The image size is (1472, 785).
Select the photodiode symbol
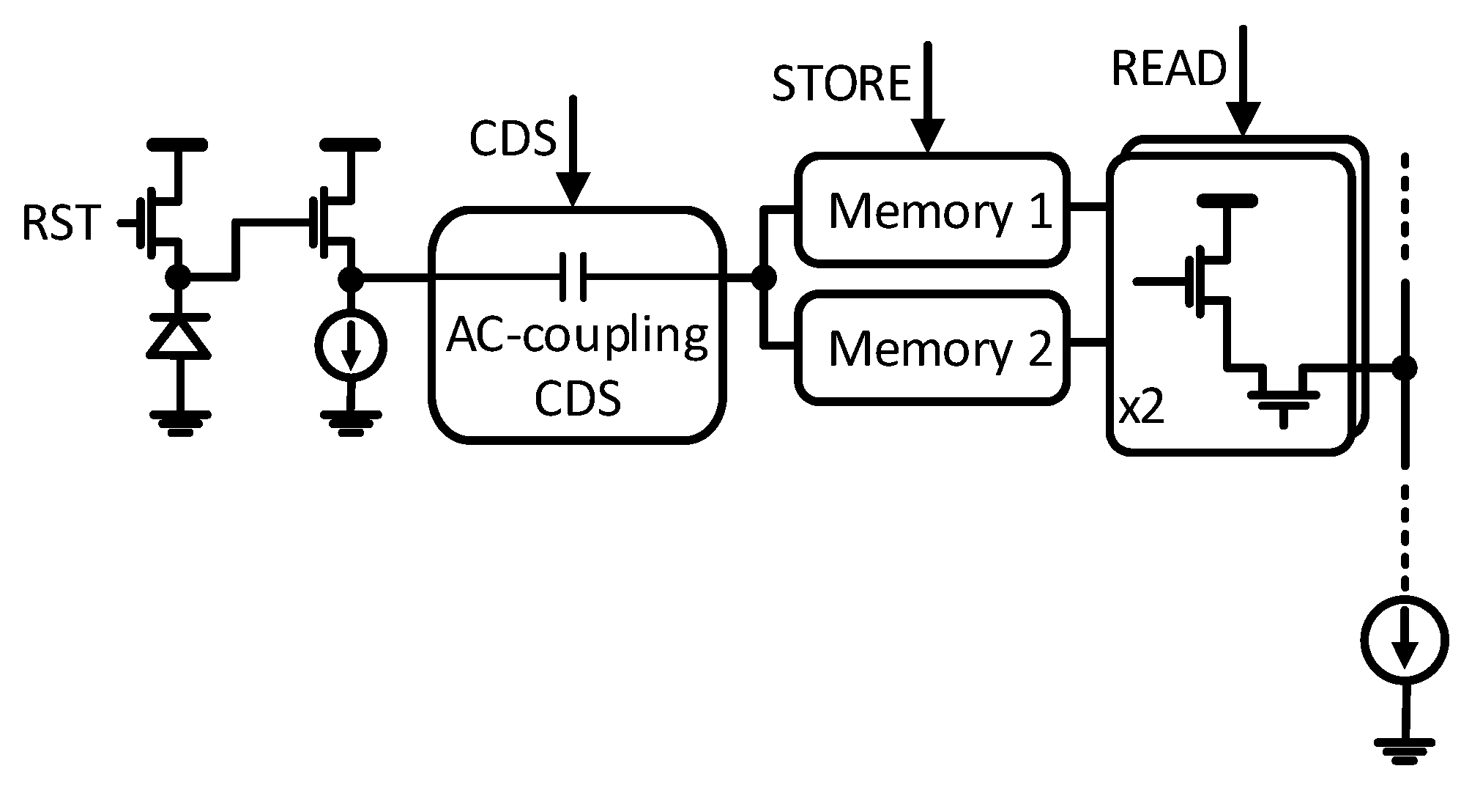tap(179, 336)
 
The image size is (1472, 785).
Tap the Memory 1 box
tap(932, 210)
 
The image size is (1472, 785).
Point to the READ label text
tap(1169, 69)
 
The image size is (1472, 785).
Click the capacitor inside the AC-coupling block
tap(573, 277)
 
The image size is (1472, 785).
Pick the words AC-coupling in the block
tap(577, 336)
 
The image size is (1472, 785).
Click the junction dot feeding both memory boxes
tap(764, 277)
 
